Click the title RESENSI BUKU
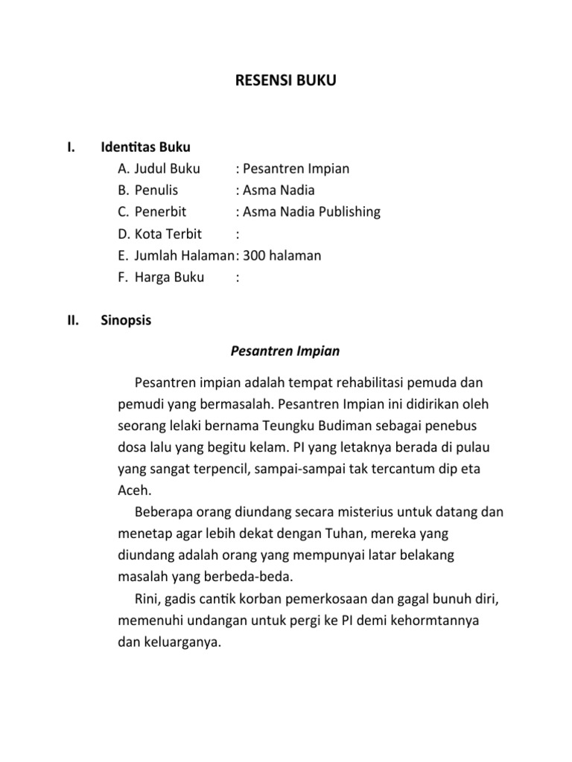tap(286, 80)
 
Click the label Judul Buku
tap(168, 169)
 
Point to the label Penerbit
tap(160, 212)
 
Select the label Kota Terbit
tap(168, 234)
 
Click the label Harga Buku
tap(169, 278)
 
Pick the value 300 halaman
tap(282, 256)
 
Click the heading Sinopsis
tap(126, 321)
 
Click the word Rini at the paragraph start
tap(148, 599)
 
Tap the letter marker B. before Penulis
tap(123, 190)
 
